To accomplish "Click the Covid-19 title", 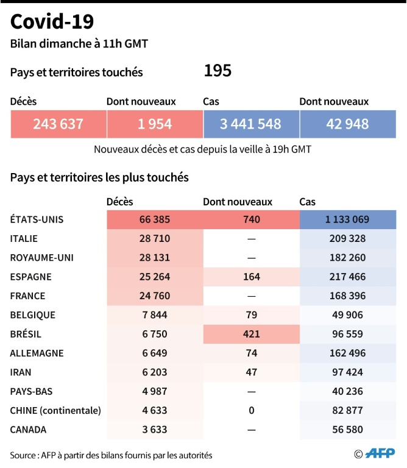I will (x=52, y=22).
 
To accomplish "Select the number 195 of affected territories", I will (x=218, y=71).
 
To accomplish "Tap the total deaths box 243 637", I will (x=58, y=124).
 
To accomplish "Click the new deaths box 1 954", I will (x=154, y=124).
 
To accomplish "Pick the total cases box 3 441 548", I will (x=250, y=124).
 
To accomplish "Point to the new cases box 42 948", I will (x=347, y=124).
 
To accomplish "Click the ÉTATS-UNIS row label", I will (x=37, y=219).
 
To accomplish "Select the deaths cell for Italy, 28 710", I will (x=154, y=239).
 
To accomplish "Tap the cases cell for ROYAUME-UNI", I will (x=347, y=258).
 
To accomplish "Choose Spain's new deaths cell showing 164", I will (x=250, y=277).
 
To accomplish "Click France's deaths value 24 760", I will (x=154, y=296).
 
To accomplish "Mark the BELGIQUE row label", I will (x=33, y=315).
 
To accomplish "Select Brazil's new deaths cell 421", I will (x=250, y=334).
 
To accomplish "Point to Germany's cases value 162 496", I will (x=347, y=353).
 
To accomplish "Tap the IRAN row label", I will (x=21, y=372).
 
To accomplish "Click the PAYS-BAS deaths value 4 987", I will (x=154, y=391).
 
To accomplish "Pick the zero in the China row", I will (x=250, y=410).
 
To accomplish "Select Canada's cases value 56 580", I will (x=347, y=430).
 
